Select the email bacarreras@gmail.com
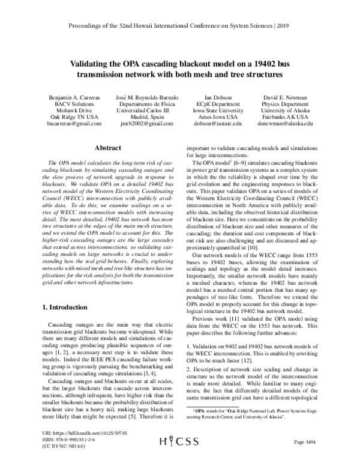pyautogui.click(x=74, y=123)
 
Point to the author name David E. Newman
pyautogui.click(x=286, y=97)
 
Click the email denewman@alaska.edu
pyautogui.click(x=286, y=123)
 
